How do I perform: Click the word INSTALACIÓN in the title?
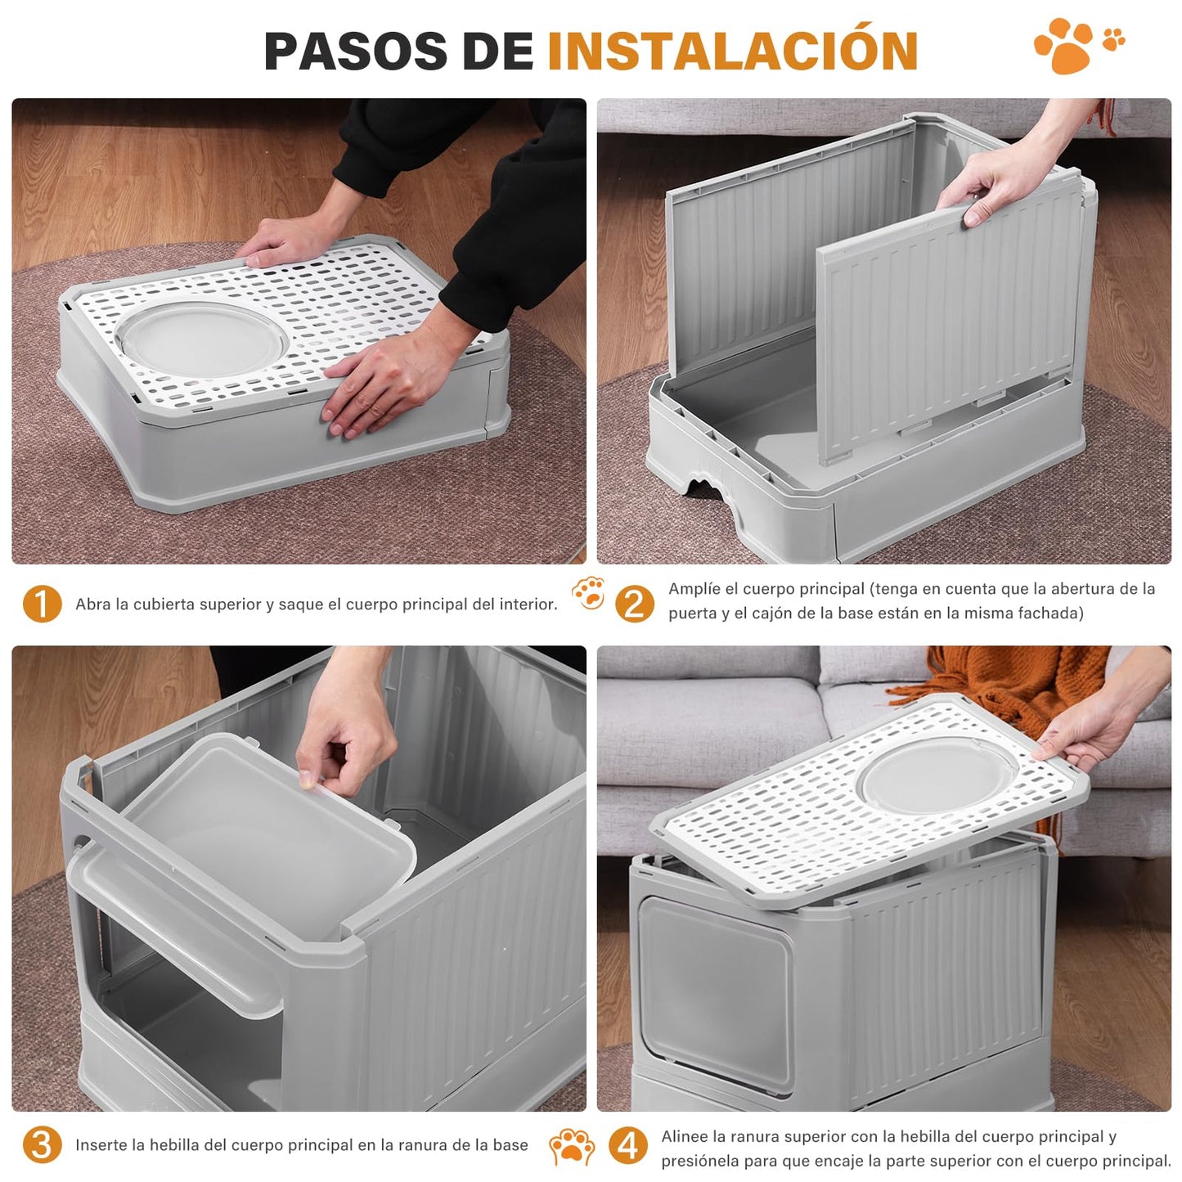[733, 51]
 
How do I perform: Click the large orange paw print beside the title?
[1063, 45]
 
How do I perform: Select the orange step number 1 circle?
[42, 604]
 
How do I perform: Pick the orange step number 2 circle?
[634, 604]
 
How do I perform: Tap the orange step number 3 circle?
[42, 1145]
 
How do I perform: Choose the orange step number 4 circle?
[627, 1146]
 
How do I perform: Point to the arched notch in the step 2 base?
[705, 488]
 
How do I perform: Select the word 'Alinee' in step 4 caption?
[685, 1136]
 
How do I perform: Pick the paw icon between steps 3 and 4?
[572, 1146]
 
